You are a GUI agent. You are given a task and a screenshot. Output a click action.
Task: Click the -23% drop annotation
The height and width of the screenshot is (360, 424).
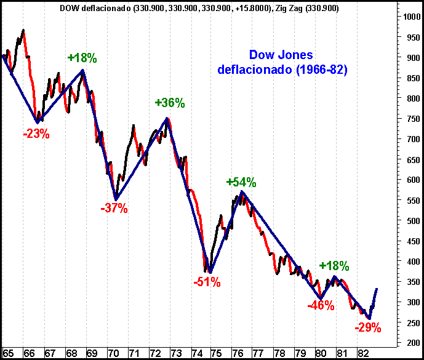point(36,134)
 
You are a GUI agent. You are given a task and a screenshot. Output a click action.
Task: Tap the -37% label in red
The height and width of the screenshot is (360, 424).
point(114,208)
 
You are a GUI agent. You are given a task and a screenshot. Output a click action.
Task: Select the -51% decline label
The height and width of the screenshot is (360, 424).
point(207,282)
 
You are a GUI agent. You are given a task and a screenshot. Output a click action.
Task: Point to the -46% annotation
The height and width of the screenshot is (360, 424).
point(321,305)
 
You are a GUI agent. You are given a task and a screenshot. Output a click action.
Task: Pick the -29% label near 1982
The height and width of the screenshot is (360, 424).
point(368,327)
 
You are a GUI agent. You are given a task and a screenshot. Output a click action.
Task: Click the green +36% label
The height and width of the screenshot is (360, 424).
point(170,103)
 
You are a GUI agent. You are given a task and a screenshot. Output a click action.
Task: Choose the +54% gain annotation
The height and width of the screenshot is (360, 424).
point(241,182)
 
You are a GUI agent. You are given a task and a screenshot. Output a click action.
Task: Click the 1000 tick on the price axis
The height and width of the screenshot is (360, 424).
point(412,17)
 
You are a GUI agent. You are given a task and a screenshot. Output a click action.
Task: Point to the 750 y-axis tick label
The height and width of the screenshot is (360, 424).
point(414,119)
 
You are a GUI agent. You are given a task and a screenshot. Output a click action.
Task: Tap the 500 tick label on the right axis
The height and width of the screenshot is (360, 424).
point(414,221)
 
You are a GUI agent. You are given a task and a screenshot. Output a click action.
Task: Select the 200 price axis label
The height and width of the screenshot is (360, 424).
point(414,343)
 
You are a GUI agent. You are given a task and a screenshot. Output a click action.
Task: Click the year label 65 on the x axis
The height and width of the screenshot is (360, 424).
point(8,353)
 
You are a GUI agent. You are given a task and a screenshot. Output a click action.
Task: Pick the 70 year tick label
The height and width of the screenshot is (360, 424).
point(113,353)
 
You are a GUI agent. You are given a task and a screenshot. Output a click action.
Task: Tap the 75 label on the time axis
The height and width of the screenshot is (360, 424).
point(216,353)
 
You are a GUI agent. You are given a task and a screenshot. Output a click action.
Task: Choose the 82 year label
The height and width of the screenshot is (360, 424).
point(363,353)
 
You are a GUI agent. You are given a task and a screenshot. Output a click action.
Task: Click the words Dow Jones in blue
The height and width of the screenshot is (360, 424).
point(281,55)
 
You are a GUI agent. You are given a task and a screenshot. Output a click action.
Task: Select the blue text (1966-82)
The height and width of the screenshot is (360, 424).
point(322,70)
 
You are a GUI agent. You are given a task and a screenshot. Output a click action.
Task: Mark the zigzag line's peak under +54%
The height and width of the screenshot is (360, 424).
point(242,191)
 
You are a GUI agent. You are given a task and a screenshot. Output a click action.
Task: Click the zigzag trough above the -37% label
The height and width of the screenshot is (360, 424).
point(116,200)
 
